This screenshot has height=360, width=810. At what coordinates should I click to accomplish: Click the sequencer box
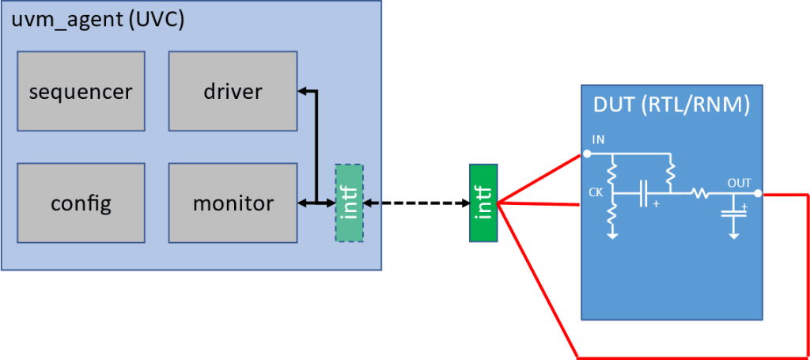[81, 92]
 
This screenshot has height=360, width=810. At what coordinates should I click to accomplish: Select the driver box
[233, 92]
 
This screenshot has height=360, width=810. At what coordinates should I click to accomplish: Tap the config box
[81, 203]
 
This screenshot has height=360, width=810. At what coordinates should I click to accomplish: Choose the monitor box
[233, 203]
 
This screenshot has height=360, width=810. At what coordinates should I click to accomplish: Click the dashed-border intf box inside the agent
[349, 203]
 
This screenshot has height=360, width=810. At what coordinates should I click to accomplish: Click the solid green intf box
[483, 203]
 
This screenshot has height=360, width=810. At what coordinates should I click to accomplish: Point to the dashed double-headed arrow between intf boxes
[416, 203]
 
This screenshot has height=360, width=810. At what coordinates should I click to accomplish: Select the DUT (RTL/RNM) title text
[672, 104]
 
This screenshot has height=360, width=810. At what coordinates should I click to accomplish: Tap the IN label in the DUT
[599, 140]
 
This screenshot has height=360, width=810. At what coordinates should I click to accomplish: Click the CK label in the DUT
[596, 191]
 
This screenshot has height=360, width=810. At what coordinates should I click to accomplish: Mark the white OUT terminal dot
[759, 193]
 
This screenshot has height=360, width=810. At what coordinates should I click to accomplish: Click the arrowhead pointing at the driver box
[301, 92]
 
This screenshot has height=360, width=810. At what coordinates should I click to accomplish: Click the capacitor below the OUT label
[734, 212]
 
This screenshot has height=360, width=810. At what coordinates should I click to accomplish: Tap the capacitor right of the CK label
[645, 192]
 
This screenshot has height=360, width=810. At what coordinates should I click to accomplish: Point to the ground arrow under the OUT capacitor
[734, 233]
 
